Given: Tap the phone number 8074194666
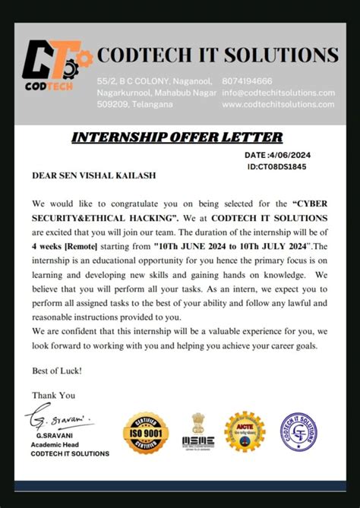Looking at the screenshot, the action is pyautogui.click(x=248, y=81).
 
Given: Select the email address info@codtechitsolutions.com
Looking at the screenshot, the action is pyautogui.click(x=278, y=93).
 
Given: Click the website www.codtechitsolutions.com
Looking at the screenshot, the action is pyautogui.click(x=278, y=105).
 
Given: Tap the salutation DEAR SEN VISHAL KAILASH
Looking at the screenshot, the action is pyautogui.click(x=93, y=175).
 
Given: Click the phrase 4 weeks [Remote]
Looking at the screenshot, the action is pyautogui.click(x=60, y=247).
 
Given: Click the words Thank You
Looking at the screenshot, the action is pyautogui.click(x=53, y=395).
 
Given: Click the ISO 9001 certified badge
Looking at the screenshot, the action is pyautogui.click(x=145, y=434).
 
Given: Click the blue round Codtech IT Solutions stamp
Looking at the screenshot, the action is pyautogui.click(x=298, y=434).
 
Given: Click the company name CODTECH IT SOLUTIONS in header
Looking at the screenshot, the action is pyautogui.click(x=217, y=55).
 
